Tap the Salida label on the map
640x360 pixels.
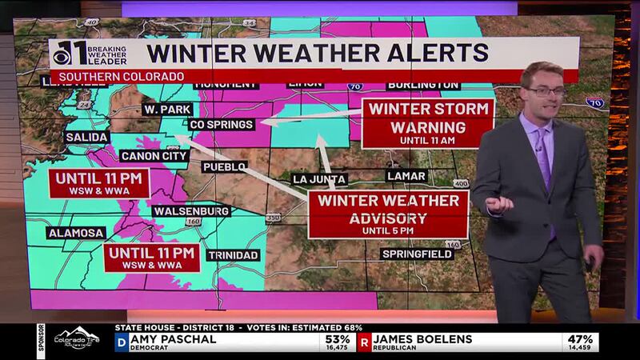tap(86, 138)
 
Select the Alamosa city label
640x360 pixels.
tap(76, 233)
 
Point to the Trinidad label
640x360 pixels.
tap(234, 255)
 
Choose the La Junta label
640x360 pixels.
tap(319, 178)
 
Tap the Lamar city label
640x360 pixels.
tap(406, 176)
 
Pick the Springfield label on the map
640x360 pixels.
tap(416, 254)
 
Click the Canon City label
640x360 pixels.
tap(154, 155)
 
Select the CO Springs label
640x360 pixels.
tap(222, 125)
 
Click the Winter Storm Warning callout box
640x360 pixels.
tap(427, 122)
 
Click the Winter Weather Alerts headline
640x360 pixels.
tap(318, 54)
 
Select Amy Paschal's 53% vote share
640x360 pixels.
tap(335, 339)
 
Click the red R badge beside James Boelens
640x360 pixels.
tap(364, 343)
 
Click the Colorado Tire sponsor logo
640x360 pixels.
tap(77, 339)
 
